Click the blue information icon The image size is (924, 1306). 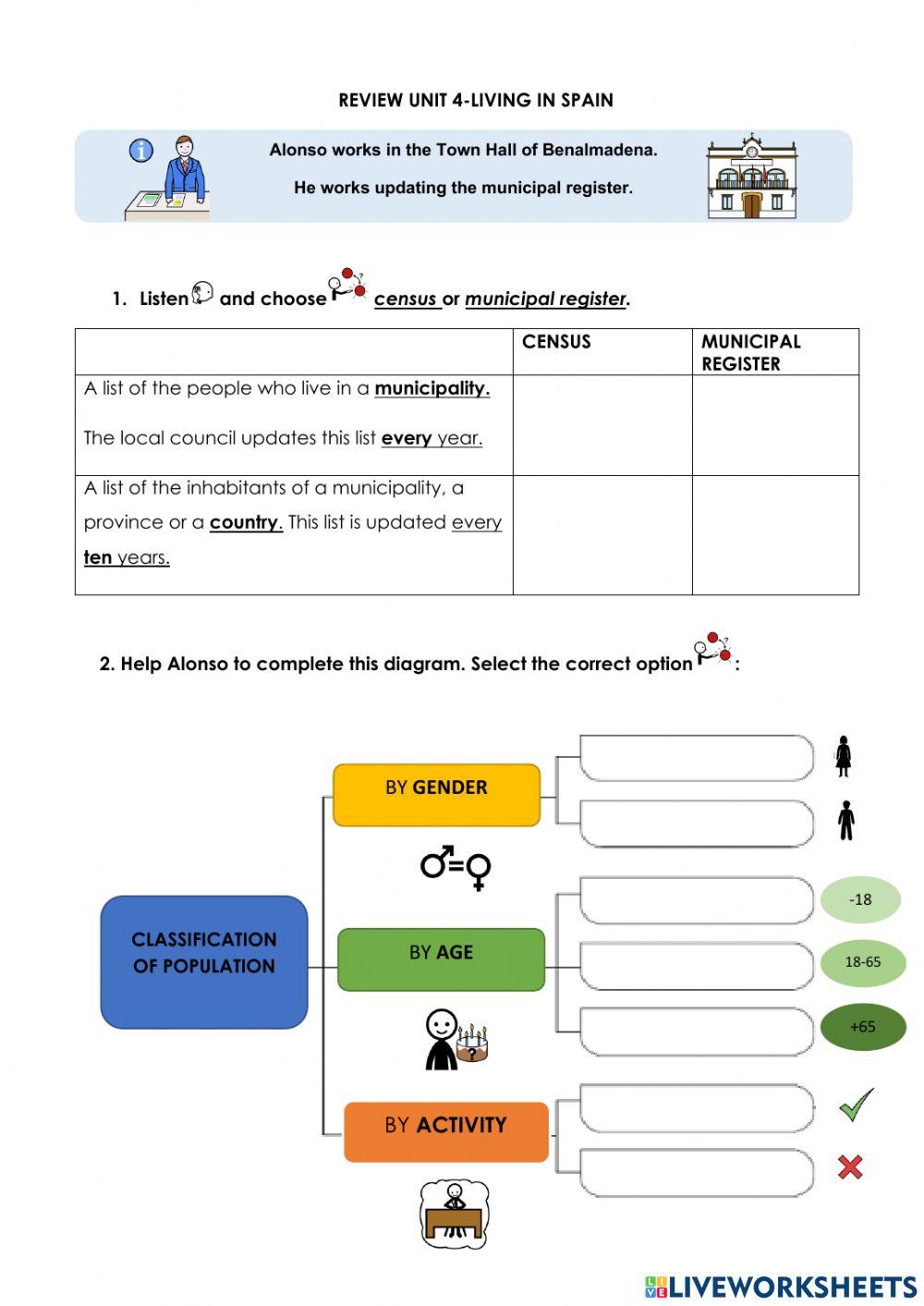click(140, 151)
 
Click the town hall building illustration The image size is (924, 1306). click(751, 177)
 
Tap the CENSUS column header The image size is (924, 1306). click(556, 342)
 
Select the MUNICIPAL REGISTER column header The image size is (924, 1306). click(750, 352)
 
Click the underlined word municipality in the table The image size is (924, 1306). click(432, 388)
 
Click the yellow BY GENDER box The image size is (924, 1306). click(436, 794)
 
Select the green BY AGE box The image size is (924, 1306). click(441, 959)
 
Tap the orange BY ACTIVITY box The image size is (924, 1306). click(445, 1131)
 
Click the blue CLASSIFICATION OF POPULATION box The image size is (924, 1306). click(204, 961)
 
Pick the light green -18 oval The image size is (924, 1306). click(860, 899)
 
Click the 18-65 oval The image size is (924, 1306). click(862, 962)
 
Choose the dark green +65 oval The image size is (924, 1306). click(862, 1027)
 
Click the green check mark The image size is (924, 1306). click(856, 1104)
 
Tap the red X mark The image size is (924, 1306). click(850, 1166)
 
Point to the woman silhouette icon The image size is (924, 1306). click(843, 756)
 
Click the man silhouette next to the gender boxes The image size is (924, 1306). click(845, 820)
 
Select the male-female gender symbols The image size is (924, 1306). click(456, 866)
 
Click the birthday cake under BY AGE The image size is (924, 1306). click(472, 1044)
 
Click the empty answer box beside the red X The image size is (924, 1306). click(697, 1173)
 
